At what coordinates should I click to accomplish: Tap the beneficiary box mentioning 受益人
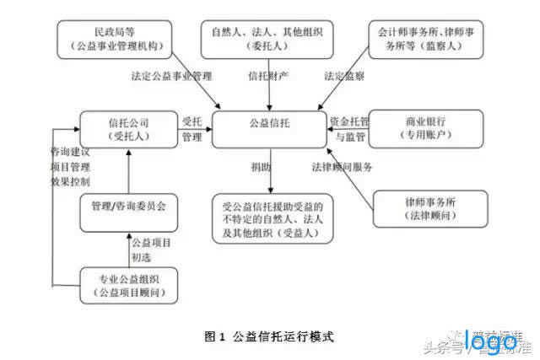[272, 217]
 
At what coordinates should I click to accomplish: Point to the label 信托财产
[269, 76]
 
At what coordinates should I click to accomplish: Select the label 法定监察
[345, 76]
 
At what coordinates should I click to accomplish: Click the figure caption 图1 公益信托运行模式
[269, 336]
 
